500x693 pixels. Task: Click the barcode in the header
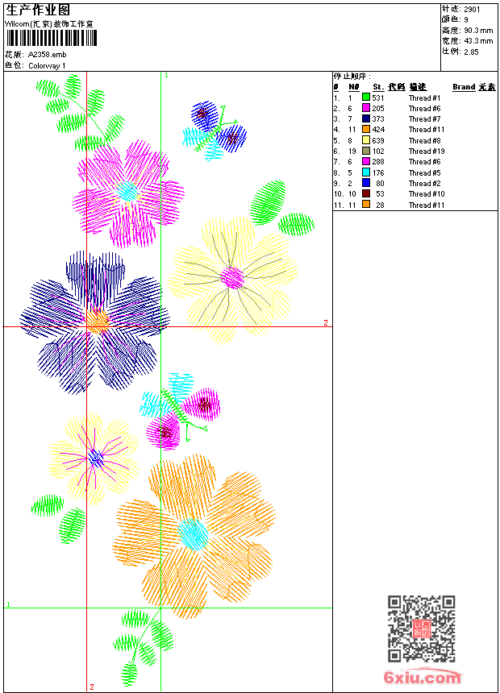coord(52,39)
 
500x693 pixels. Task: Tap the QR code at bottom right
coord(422,629)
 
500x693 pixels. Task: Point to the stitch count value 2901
coord(473,9)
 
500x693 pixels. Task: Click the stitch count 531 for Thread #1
coord(378,98)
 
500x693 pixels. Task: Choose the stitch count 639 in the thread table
coord(378,141)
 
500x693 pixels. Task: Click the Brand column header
coord(464,87)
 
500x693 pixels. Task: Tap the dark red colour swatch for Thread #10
coord(365,194)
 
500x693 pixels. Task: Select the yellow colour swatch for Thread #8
coord(365,141)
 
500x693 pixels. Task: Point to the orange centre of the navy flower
coord(97,321)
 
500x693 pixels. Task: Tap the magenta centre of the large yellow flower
coord(232,278)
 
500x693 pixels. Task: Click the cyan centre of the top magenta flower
coord(127,192)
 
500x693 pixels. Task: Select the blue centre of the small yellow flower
coord(96,459)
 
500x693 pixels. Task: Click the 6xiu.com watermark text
coord(422,678)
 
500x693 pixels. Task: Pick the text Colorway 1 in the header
coord(48,66)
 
